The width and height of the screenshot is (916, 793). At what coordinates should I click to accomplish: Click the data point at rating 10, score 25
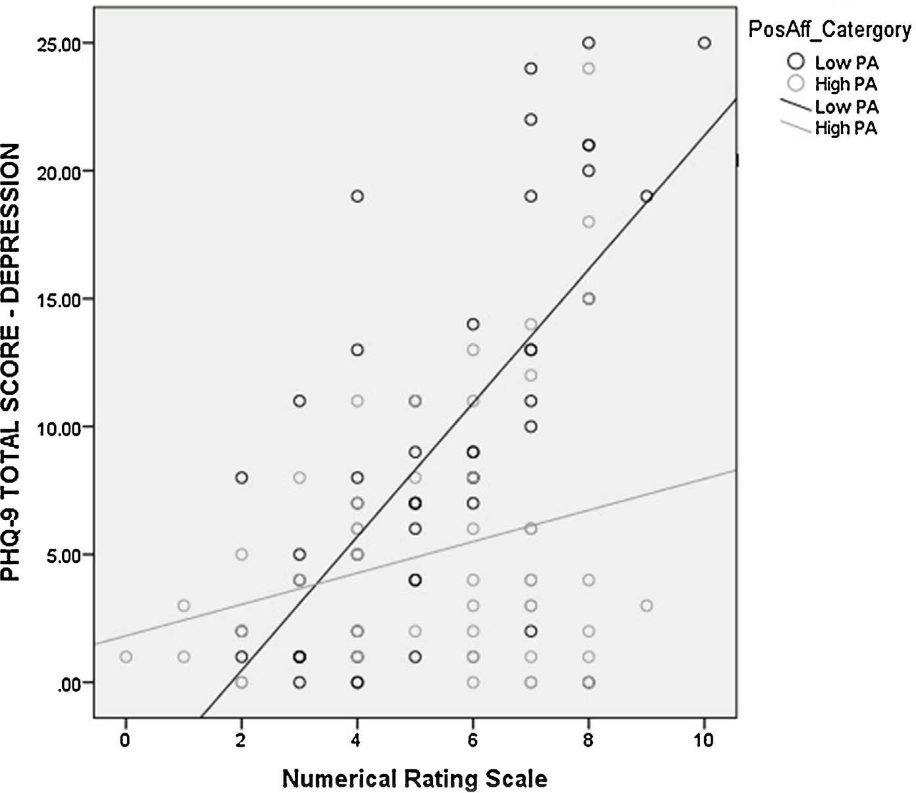click(704, 43)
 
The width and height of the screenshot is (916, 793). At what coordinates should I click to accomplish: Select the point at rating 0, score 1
click(126, 656)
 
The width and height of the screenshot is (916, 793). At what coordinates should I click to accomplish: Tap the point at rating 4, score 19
click(357, 196)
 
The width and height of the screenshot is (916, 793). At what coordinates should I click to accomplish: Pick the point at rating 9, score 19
click(646, 196)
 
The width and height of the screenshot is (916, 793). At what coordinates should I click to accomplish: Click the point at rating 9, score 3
click(646, 605)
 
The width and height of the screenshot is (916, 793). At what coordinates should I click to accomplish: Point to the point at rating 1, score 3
click(184, 605)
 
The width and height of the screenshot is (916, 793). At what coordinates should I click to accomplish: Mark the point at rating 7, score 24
click(531, 68)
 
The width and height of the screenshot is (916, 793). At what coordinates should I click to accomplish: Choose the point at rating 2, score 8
click(242, 477)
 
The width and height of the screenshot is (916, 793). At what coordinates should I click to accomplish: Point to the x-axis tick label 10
click(704, 740)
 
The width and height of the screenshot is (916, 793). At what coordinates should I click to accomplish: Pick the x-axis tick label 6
click(472, 740)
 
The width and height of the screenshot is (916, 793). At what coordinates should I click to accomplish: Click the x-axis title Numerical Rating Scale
click(415, 779)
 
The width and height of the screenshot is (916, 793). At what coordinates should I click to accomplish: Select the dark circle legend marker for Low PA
click(797, 62)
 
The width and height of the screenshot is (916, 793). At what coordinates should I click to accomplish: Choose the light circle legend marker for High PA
click(797, 83)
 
